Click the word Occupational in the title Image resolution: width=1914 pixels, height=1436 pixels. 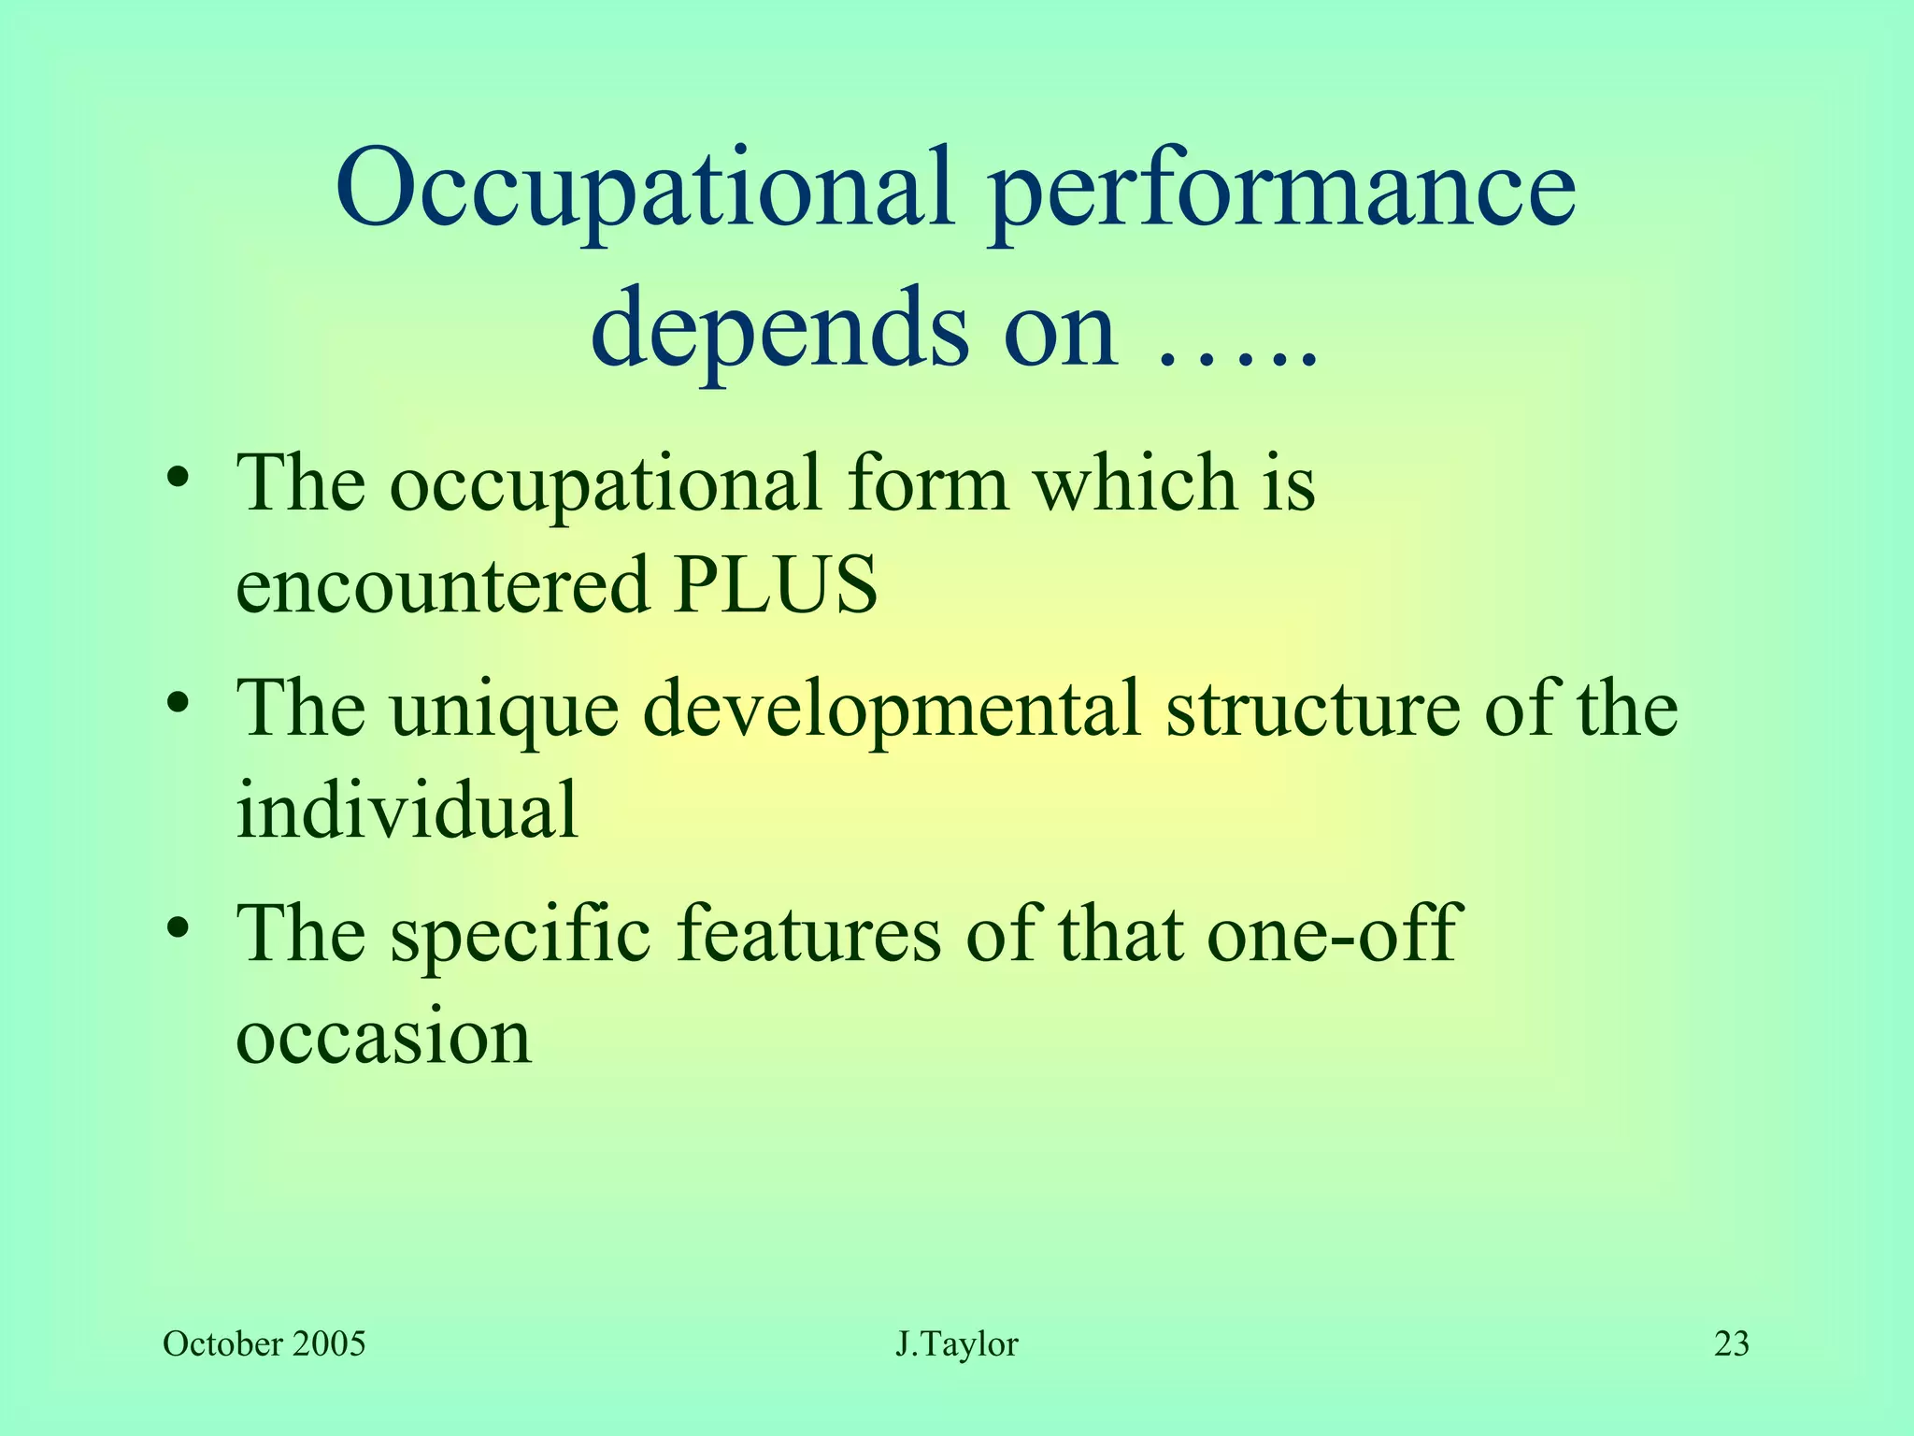point(645,192)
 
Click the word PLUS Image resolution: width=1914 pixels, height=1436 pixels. point(777,584)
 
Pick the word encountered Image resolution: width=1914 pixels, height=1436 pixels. point(442,584)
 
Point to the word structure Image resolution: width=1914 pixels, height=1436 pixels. point(1312,709)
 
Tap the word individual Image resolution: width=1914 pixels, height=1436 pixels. point(407,809)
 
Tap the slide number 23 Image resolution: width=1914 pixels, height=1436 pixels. point(1731,1344)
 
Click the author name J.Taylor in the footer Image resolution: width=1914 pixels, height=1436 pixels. point(957,1344)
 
